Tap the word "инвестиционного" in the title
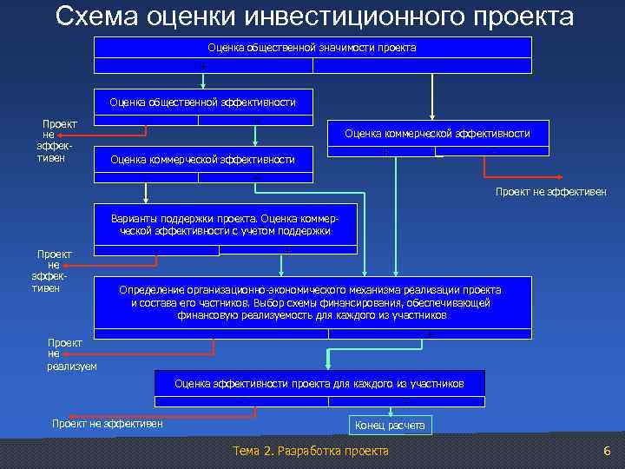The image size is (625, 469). pos(344,17)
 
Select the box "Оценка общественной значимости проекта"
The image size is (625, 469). pos(312,48)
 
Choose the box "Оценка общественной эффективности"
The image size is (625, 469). pos(202,102)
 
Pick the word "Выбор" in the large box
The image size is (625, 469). pos(268,303)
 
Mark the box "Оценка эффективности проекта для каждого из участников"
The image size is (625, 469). pos(319,383)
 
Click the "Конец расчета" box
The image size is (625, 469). pos(390,425)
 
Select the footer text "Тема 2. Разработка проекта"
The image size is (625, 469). pos(312,451)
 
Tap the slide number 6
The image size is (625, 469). pos(607,451)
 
